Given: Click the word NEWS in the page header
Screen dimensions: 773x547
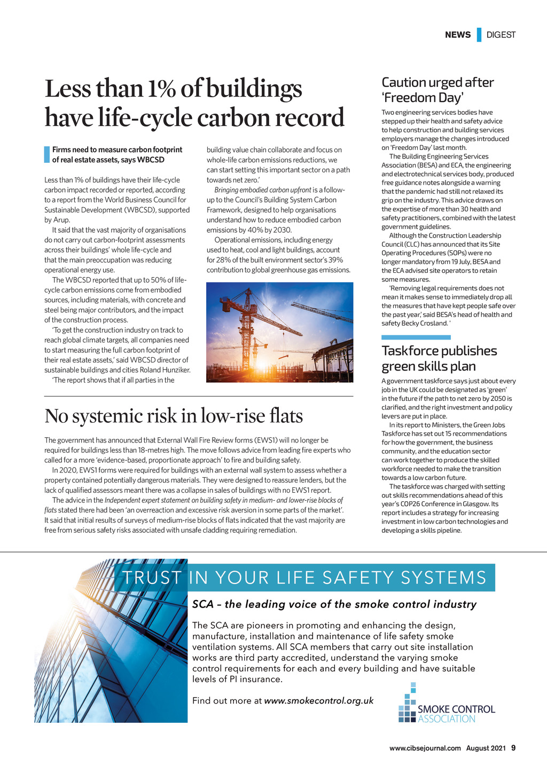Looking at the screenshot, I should [458, 35].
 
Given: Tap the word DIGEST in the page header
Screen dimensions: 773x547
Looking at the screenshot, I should [501, 35].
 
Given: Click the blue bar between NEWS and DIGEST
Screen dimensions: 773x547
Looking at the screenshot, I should [479, 35].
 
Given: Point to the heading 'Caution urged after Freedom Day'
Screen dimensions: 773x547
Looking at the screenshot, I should [437, 90].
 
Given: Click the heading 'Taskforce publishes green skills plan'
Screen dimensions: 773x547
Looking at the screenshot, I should [439, 358].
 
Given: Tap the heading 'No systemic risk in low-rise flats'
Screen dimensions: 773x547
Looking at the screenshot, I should [174, 416].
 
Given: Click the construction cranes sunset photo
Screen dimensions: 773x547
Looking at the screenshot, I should [279, 332].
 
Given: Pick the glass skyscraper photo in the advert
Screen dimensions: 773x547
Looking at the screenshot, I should [111, 641].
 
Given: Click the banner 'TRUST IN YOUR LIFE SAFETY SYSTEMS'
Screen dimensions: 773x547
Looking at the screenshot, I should [304, 578].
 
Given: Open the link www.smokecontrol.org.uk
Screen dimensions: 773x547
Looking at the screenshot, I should [318, 700].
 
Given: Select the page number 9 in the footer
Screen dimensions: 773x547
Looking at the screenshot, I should [513, 748].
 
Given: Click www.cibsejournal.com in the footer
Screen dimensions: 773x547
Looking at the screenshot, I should [425, 748].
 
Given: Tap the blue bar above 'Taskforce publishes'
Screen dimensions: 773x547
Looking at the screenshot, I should [416, 337].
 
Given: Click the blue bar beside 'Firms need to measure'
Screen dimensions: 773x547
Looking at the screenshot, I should [46, 154].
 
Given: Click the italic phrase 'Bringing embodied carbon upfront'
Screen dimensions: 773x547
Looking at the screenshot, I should [262, 190].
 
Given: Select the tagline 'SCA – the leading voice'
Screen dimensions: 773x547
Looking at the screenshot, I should [334, 604].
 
